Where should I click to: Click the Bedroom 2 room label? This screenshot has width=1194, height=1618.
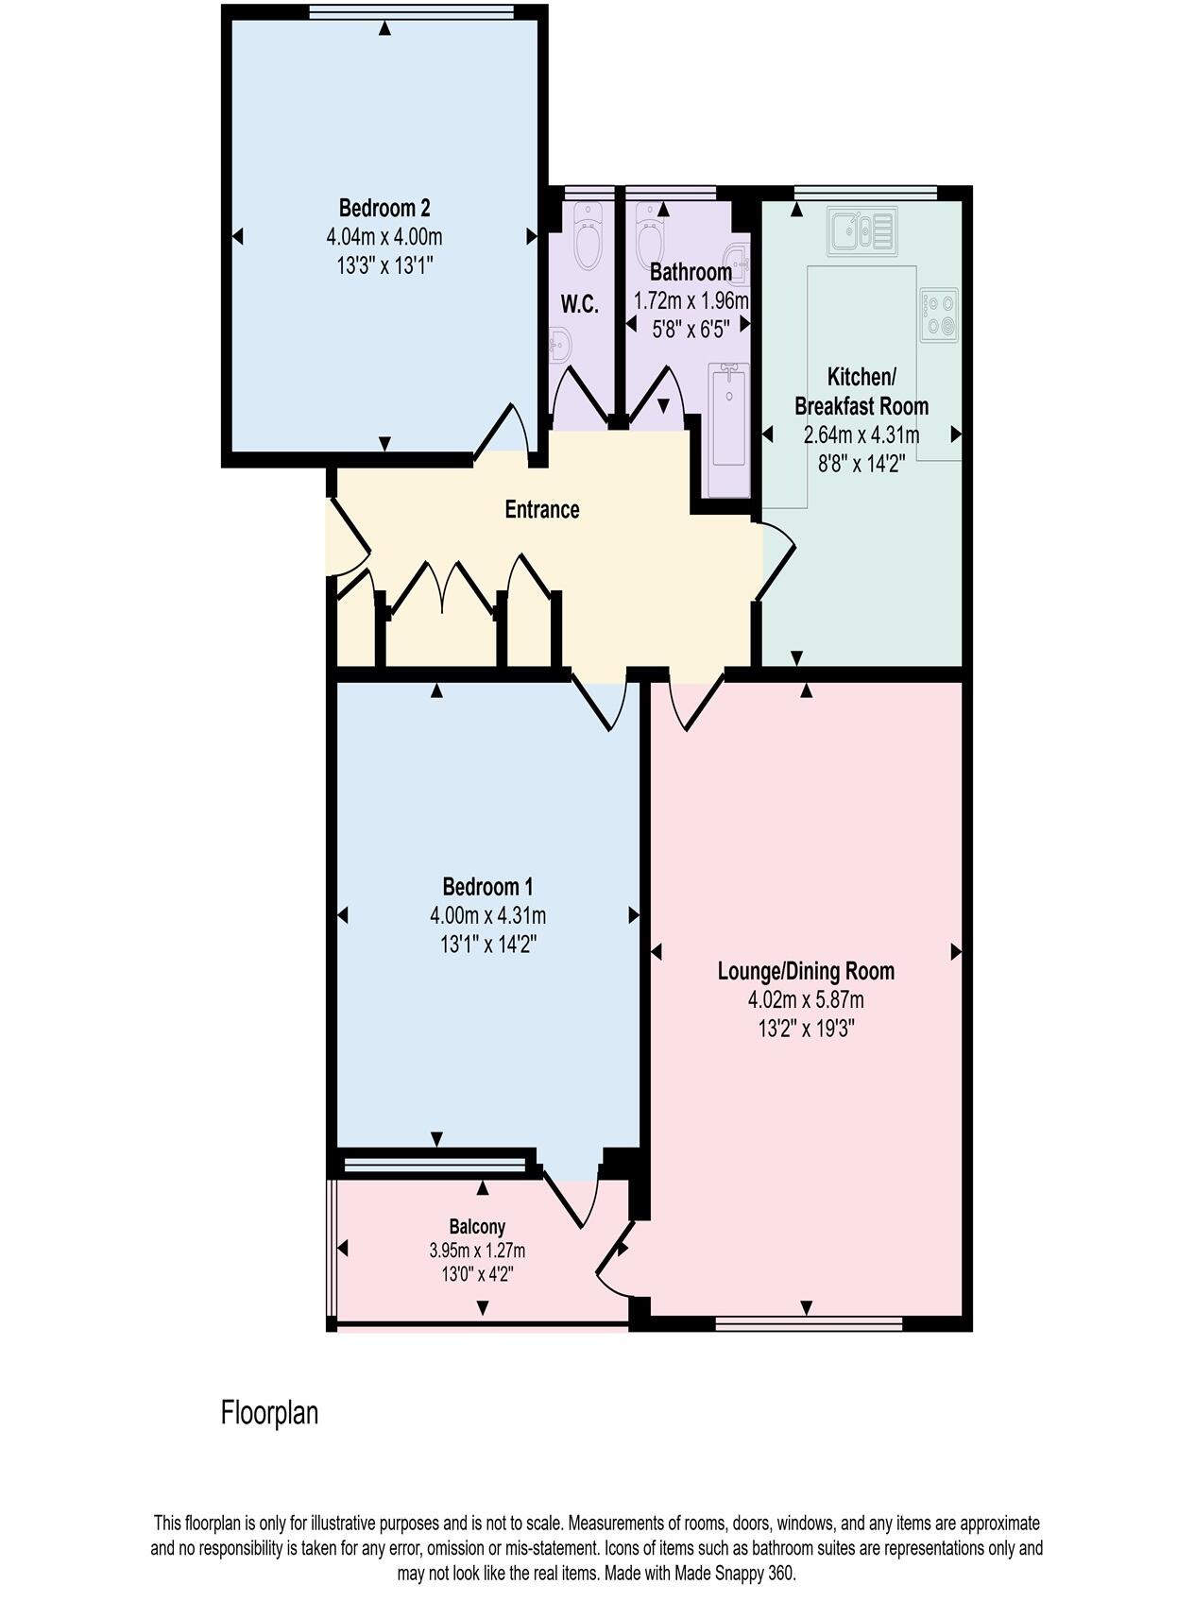384,207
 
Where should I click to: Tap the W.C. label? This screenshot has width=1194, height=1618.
579,304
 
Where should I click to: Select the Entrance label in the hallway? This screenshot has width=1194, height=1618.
541,510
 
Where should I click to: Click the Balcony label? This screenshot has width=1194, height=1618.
476,1226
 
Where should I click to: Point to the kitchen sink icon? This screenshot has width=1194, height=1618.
861,230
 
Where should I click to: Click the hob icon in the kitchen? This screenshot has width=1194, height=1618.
938,315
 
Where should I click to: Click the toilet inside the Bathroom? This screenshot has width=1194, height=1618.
651,235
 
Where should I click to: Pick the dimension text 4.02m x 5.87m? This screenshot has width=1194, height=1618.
805,999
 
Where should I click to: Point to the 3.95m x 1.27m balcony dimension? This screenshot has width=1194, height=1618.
476,1251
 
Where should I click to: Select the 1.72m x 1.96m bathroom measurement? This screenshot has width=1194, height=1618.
691,301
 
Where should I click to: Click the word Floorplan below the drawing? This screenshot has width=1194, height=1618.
269,1413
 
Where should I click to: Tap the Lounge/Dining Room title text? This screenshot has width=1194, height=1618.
805,971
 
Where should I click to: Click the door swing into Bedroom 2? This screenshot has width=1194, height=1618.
503,430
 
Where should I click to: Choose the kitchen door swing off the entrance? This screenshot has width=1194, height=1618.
776,560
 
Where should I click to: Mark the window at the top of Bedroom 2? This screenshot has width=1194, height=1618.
411,11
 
